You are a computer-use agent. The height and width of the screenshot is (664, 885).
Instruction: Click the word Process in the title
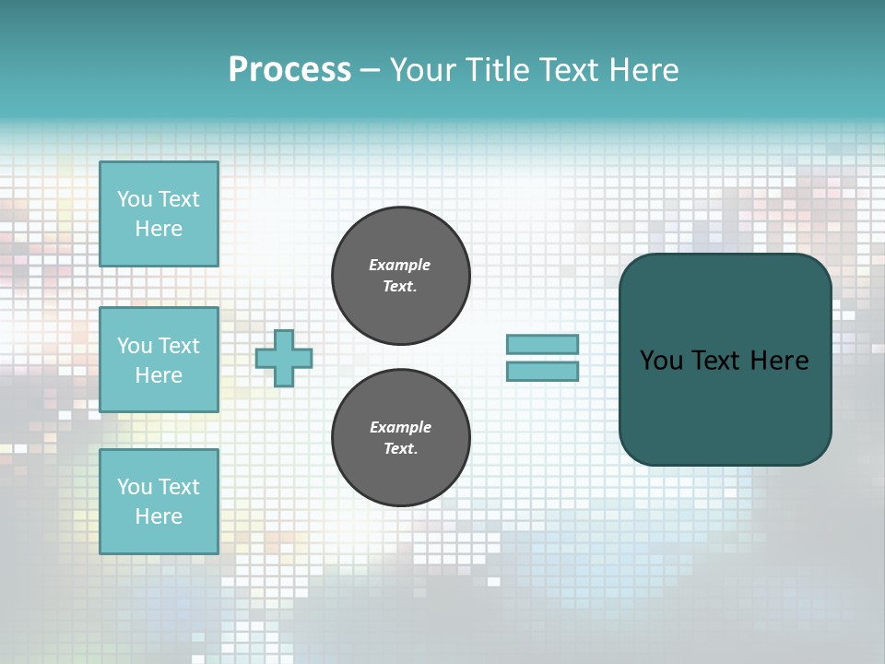pyautogui.click(x=289, y=70)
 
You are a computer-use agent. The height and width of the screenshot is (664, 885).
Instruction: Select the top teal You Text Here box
pyautogui.click(x=159, y=214)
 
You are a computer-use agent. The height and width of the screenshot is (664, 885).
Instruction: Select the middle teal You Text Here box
pyautogui.click(x=159, y=360)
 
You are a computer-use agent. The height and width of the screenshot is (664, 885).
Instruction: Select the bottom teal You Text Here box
pyautogui.click(x=159, y=502)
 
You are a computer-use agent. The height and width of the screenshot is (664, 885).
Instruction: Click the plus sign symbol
pyautogui.click(x=284, y=358)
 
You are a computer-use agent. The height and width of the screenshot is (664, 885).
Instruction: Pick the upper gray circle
pyautogui.click(x=401, y=275)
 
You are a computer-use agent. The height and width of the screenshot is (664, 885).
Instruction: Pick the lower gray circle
pyautogui.click(x=401, y=438)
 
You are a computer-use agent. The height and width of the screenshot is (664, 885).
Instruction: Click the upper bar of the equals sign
pyautogui.click(x=542, y=344)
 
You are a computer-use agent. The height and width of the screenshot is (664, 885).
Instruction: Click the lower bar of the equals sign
pyautogui.click(x=542, y=371)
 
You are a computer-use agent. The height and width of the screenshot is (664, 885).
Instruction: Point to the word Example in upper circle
pyautogui.click(x=400, y=265)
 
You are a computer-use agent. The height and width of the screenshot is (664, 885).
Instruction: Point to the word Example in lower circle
pyautogui.click(x=400, y=427)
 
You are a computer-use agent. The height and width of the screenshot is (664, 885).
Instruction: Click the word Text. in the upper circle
pyautogui.click(x=400, y=286)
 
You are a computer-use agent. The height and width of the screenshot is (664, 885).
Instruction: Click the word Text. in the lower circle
pyautogui.click(x=400, y=449)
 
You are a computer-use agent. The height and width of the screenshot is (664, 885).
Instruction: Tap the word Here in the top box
pyautogui.click(x=159, y=229)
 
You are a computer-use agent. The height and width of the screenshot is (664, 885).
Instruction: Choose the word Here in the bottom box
pyautogui.click(x=159, y=516)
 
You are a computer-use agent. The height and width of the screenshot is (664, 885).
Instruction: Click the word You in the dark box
pyautogui.click(x=661, y=361)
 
